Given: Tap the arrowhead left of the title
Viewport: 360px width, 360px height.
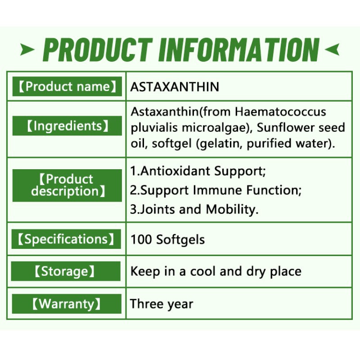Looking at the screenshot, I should click(x=27, y=49).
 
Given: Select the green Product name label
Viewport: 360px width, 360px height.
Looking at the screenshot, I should click(x=67, y=86).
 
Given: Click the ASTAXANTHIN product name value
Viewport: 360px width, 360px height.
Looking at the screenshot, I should click(x=175, y=86).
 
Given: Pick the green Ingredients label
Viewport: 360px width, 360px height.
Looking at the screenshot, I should click(x=67, y=126).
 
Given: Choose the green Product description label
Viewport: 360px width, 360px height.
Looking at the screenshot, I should click(x=67, y=185).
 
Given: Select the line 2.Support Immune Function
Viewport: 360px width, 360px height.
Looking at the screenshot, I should click(x=216, y=190).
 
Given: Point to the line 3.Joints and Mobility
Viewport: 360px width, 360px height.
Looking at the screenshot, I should click(x=194, y=209).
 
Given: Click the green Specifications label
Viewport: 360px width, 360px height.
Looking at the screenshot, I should click(x=66, y=239).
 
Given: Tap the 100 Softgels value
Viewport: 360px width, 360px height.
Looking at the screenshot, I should click(x=167, y=239).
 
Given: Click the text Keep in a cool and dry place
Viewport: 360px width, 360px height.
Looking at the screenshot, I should click(x=216, y=271).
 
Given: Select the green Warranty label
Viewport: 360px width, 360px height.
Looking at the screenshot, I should click(x=66, y=304).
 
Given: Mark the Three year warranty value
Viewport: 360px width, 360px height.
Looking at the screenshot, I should click(x=162, y=304).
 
